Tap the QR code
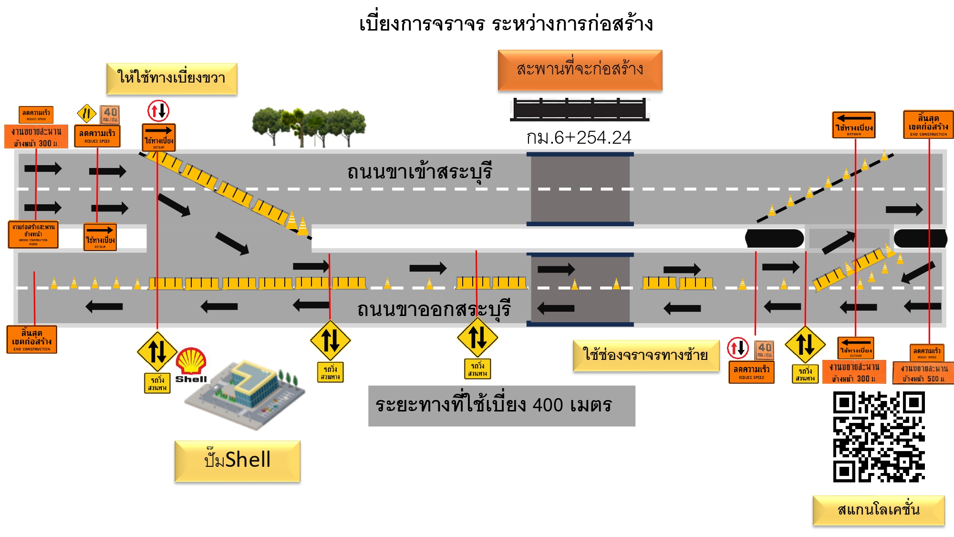879,437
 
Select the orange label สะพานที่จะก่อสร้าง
580,70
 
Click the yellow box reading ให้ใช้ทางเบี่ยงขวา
172,78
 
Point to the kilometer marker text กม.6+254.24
579,137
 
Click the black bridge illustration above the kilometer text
580,109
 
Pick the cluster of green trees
309,126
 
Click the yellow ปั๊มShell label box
238,461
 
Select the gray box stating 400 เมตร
501,406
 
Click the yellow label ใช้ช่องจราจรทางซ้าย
646,355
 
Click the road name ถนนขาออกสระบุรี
434,309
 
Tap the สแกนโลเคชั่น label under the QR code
879,510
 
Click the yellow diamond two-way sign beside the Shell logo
157,351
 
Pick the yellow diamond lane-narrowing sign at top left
86,114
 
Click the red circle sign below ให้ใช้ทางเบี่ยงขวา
158,111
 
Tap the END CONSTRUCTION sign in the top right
928,124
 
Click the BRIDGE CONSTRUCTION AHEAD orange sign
33,234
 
